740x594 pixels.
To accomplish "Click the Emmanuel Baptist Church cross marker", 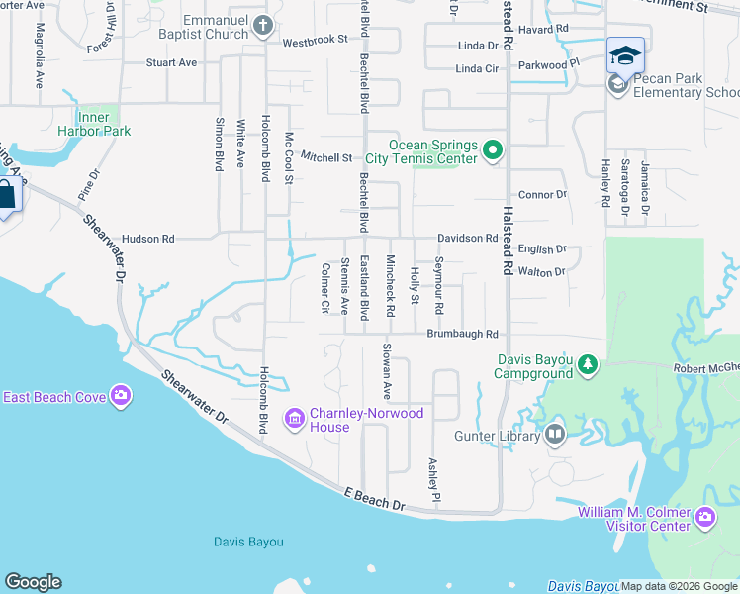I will coord(263,25).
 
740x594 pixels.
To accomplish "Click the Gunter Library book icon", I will coord(554,434).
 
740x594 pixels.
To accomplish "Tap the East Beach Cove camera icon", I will coord(121,397).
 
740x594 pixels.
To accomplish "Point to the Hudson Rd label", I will coord(147,239).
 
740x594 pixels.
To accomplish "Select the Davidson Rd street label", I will coord(468,238).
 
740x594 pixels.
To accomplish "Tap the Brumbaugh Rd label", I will coord(462,335).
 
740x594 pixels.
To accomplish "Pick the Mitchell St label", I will coord(326,157).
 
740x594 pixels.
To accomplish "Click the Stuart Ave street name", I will coord(171,62).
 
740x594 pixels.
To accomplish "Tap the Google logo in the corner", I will coord(33,582).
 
